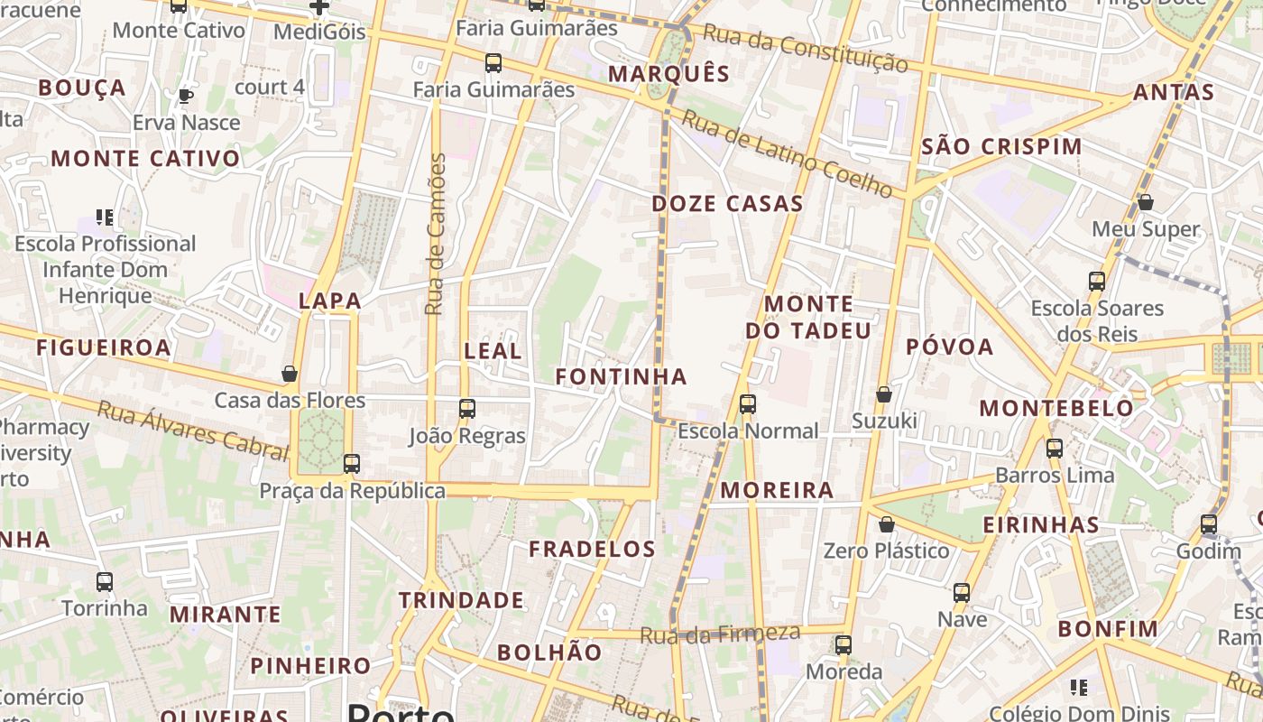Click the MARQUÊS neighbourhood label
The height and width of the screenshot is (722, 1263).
point(668,74)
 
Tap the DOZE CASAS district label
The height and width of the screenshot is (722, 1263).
point(727,204)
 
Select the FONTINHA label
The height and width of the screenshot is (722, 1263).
point(621,376)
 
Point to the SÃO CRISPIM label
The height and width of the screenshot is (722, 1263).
point(1001,147)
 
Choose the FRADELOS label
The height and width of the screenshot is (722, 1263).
point(592,549)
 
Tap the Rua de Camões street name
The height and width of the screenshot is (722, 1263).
point(437,234)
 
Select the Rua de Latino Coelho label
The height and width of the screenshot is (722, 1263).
point(786,153)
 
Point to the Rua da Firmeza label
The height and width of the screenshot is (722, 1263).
point(720,634)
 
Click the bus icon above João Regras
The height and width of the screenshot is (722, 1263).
point(466,409)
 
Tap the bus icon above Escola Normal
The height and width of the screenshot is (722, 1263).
point(747,404)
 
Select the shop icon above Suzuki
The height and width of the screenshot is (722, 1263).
point(884,394)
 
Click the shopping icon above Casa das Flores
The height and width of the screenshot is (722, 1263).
point(290,374)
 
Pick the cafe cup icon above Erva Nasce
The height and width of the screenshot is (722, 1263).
point(186,96)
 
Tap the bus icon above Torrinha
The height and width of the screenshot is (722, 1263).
point(105,582)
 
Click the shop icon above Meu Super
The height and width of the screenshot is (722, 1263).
point(1145,202)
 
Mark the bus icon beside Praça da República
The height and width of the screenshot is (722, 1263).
point(351,464)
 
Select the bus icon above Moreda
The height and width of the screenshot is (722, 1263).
point(843,645)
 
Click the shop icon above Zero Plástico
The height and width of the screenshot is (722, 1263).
point(887,524)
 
